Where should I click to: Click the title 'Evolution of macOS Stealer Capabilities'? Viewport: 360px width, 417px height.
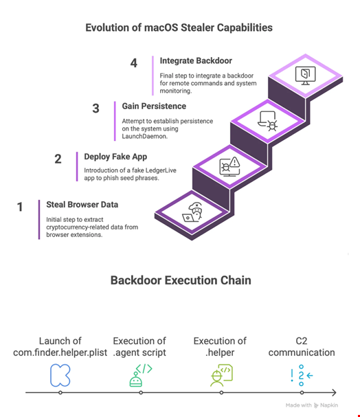point(179,27)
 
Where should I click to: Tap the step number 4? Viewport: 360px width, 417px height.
point(134,63)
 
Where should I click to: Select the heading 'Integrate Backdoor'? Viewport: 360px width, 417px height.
point(196,60)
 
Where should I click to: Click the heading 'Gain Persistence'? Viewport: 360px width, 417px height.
point(154,106)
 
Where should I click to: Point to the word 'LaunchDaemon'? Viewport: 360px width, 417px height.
point(144,137)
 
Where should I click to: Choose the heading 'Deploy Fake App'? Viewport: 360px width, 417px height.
point(115,157)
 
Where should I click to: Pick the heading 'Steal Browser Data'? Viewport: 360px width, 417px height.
point(82,205)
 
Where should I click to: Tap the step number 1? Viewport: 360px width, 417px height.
point(20,207)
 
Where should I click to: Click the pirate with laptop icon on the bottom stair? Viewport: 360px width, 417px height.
point(192,212)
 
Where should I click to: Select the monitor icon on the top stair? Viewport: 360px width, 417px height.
point(306,76)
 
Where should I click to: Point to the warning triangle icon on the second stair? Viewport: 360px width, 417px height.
point(235,161)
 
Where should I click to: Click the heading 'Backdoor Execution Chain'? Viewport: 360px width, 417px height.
point(181,280)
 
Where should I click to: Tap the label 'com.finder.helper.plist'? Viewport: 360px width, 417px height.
point(60,352)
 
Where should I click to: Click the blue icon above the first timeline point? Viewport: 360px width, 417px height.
point(60,375)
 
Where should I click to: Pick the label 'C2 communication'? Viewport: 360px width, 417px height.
point(302,346)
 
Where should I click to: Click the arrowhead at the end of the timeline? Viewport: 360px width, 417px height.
point(334,392)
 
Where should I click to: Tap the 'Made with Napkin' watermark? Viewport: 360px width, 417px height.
point(312,405)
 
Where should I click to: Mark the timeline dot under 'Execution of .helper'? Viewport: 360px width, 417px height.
point(221,392)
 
